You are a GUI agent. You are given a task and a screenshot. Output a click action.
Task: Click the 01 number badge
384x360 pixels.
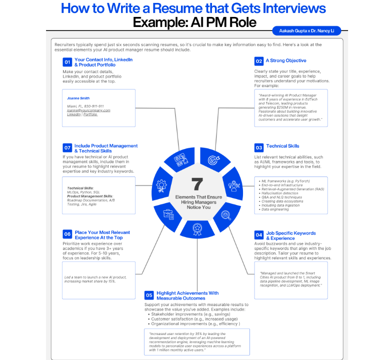(67, 62)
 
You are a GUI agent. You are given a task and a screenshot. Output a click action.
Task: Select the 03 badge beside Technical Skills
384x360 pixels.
(258, 147)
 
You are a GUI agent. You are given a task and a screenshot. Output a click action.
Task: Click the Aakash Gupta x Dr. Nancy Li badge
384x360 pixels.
(306, 31)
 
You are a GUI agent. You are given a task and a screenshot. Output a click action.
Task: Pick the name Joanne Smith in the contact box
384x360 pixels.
(78, 98)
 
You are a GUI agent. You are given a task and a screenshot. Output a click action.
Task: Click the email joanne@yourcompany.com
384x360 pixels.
(88, 110)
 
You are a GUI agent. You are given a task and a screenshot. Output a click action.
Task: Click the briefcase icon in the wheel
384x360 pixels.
(168, 215)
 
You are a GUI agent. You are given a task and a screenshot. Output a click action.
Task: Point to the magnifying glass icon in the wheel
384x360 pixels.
(225, 215)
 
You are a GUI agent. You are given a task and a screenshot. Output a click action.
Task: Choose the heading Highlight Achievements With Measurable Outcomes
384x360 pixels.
(187, 295)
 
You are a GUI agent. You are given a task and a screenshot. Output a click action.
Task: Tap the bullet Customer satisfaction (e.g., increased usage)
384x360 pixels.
(193, 318)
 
